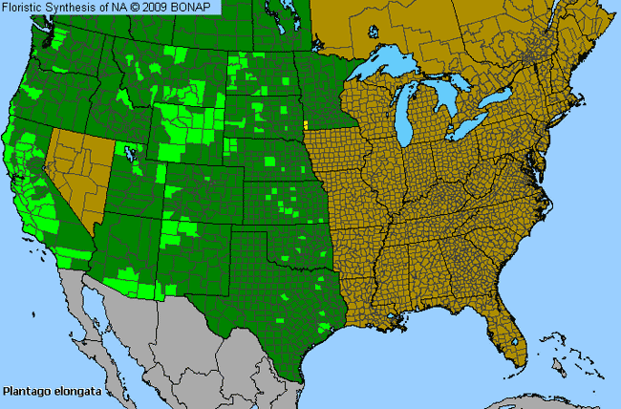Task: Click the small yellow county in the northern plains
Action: coord(305,123)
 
